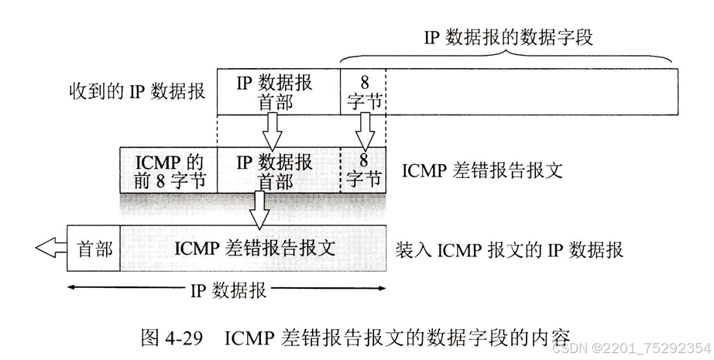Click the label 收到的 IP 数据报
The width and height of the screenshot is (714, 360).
pyautogui.click(x=136, y=91)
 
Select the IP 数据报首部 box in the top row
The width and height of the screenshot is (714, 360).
pyautogui.click(x=278, y=91)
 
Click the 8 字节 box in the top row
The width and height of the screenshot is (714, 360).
pyautogui.click(x=362, y=91)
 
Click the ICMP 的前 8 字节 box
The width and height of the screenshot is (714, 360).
pyautogui.click(x=169, y=170)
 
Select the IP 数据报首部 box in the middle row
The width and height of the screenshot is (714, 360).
pyautogui.click(x=278, y=170)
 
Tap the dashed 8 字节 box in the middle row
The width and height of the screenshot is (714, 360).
pyautogui.click(x=363, y=170)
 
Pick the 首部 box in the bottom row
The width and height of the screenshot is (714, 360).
pyautogui.click(x=94, y=249)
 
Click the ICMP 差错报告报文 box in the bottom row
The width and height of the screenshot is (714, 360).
pyautogui.click(x=254, y=249)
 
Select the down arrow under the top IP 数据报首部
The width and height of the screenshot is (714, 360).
pyautogui.click(x=271, y=130)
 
